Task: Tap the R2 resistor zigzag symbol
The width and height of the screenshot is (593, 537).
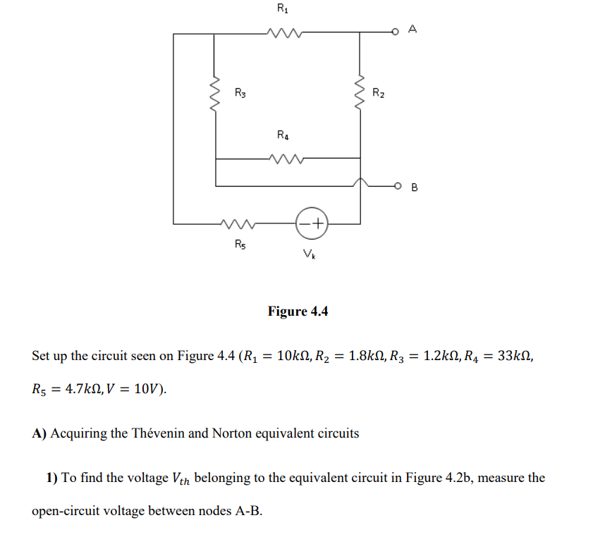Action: click(361, 92)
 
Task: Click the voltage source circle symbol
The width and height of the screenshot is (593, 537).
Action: click(311, 223)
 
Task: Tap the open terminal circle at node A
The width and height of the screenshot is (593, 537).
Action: click(398, 31)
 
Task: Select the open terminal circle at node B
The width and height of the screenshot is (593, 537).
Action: click(398, 186)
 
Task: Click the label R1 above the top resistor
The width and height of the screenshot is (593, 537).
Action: click(282, 9)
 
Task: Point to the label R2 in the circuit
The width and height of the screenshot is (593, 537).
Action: click(379, 92)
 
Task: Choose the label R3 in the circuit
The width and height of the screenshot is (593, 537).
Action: click(240, 92)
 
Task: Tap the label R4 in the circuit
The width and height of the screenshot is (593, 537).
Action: click(282, 135)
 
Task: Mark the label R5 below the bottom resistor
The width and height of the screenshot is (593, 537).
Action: click(240, 245)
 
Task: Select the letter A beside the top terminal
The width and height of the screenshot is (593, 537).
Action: click(413, 29)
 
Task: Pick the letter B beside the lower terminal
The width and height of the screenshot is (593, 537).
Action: click(414, 187)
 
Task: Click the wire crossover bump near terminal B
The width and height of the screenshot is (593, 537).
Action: click(361, 183)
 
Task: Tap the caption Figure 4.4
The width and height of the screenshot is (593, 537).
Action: click(298, 311)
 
